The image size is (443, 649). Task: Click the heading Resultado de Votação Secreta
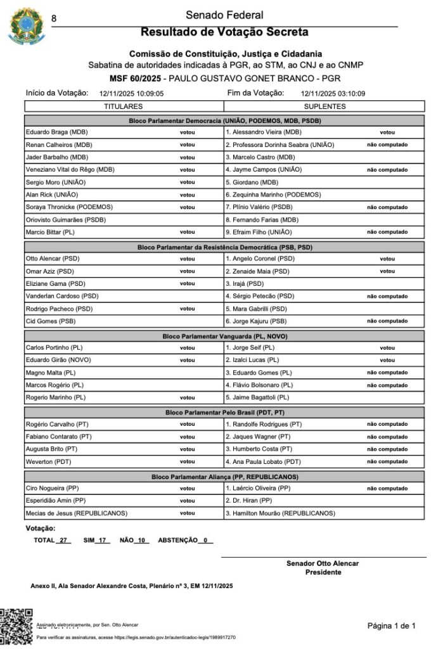tap(224, 32)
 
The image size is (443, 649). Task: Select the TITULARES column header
tap(123, 106)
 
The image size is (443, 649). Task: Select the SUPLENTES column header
tap(324, 106)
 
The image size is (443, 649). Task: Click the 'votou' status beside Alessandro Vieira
tap(387, 132)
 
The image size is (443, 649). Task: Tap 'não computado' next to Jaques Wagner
tap(387, 437)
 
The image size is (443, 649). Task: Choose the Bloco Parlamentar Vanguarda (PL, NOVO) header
tap(224, 336)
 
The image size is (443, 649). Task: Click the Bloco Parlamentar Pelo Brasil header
tap(224, 412)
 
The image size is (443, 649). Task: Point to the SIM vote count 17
tap(103, 541)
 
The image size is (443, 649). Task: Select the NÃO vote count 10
tap(141, 541)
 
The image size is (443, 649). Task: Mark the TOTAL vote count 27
tap(63, 541)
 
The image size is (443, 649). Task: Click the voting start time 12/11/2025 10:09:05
tap(132, 94)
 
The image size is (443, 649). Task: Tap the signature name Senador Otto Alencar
tap(323, 563)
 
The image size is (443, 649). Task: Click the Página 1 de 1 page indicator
tap(392, 626)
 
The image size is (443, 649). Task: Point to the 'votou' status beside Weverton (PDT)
tap(187, 461)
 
